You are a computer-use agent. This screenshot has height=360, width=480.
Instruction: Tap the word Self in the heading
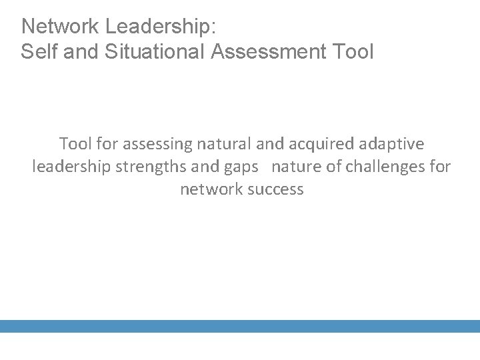(37, 52)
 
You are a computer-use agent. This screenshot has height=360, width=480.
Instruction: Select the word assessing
(153, 144)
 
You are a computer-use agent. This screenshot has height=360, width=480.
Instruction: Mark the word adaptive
(393, 144)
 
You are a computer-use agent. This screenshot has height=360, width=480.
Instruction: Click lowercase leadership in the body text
(71, 167)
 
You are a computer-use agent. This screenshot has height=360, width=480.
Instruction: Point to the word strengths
(152, 167)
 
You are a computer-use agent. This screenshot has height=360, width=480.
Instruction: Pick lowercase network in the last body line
(211, 189)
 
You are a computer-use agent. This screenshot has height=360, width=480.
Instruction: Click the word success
(275, 189)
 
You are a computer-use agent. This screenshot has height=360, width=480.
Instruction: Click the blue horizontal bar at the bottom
(240, 326)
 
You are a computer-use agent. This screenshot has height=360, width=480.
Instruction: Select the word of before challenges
(333, 167)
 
